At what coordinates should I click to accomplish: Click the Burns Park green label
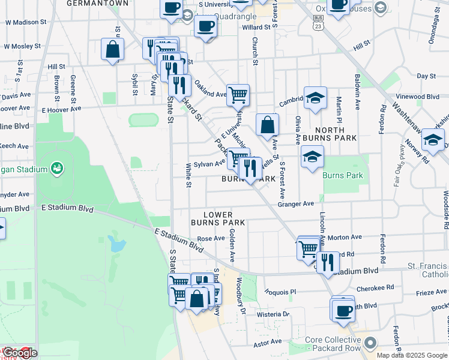(343, 176)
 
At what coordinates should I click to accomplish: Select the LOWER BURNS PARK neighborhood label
(217, 218)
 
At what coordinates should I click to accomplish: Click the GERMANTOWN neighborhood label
(97, 3)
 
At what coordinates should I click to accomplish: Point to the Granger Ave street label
(296, 204)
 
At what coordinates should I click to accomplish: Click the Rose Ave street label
(211, 238)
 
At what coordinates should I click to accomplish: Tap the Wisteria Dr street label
(273, 314)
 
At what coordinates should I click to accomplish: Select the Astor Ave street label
(268, 341)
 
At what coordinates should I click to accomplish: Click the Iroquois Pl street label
(281, 292)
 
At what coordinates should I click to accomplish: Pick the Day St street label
(426, 76)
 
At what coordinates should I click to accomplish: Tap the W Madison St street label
(25, 22)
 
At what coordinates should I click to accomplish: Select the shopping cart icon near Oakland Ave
(238, 94)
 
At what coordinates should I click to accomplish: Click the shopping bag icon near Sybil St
(112, 49)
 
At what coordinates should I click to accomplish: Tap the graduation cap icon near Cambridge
(315, 97)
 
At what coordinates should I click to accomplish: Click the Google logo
(19, 353)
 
